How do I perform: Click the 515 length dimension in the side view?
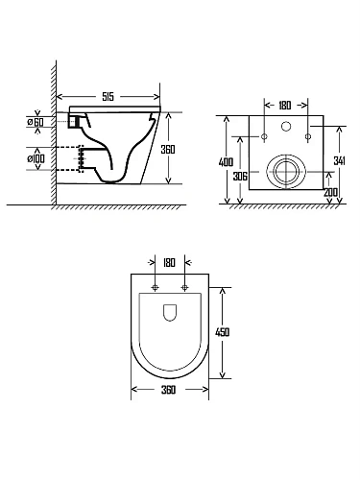pyautogui.click(x=113, y=96)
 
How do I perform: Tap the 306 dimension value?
pyautogui.click(x=241, y=176)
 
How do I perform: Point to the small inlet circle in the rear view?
pyautogui.click(x=285, y=126)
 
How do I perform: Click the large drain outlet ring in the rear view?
pyautogui.click(x=285, y=170)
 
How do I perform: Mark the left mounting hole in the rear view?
pyautogui.click(x=264, y=137)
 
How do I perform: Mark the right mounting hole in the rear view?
pyautogui.click(x=307, y=137)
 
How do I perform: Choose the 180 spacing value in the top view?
pyautogui.click(x=170, y=261)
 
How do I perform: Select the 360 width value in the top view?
pyautogui.click(x=169, y=391)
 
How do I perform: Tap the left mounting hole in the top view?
pyautogui.click(x=156, y=287)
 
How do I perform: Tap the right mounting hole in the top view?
pyautogui.click(x=183, y=287)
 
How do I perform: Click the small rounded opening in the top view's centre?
pyautogui.click(x=170, y=312)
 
